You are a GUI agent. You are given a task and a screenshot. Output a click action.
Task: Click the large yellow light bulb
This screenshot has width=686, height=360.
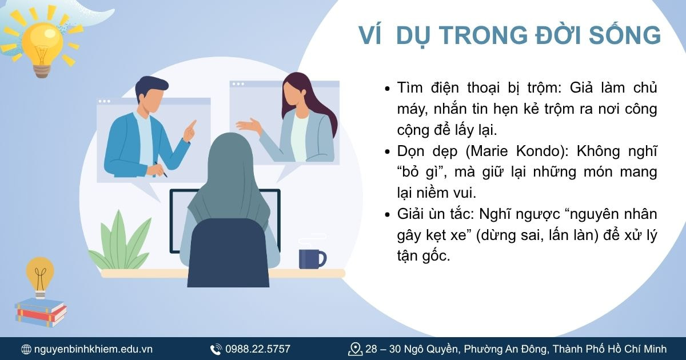(41, 43)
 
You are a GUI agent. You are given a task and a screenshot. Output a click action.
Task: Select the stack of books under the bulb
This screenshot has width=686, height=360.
(40, 312)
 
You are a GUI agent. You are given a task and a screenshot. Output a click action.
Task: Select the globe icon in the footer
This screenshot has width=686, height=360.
(26, 349)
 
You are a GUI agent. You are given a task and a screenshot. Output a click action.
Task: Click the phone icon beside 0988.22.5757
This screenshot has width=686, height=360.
(216, 349)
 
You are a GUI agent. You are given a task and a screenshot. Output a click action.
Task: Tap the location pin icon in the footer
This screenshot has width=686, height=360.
(356, 349)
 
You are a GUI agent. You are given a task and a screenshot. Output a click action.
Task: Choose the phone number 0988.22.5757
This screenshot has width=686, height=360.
(258, 349)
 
